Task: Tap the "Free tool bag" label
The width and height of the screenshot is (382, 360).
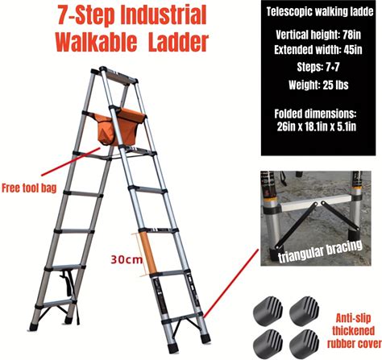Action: coord(29,188)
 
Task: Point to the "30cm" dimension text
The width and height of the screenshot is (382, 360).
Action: coord(127,260)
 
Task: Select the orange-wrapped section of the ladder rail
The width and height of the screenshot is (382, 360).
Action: coord(148,253)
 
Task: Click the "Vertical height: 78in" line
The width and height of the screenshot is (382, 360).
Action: coord(318,35)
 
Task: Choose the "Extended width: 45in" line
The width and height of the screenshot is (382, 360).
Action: coord(318,50)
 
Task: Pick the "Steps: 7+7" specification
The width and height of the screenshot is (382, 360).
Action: coord(318,67)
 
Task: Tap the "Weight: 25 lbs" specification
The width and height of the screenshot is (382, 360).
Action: coord(318,85)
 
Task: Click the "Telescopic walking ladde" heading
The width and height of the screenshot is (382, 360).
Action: coord(320,12)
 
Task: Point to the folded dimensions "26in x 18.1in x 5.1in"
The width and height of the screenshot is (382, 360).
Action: coord(317,126)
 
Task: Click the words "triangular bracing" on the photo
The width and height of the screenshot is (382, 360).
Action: coord(320,251)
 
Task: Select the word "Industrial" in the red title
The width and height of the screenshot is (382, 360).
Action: coord(164,15)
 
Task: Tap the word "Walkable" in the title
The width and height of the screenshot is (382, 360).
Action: coord(96,42)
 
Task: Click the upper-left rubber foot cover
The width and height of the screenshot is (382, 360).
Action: coord(268,311)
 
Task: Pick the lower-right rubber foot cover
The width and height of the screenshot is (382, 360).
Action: coord(305,343)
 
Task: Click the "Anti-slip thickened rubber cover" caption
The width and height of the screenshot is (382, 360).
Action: coord(354,331)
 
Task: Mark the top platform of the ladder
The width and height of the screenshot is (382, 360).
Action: coord(118,77)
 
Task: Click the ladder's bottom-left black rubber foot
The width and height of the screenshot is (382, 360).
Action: coord(34,327)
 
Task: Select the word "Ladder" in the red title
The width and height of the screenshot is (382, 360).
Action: coord(178,42)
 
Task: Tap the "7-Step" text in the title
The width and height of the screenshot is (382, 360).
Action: coord(86,15)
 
